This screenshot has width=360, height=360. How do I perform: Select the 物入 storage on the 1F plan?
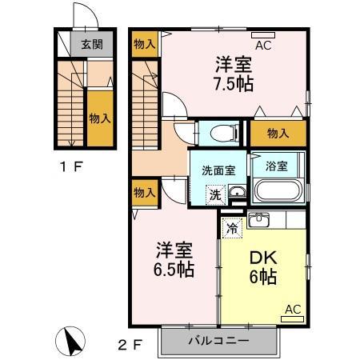point(99,118)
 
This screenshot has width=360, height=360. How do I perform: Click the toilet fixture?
point(218,130)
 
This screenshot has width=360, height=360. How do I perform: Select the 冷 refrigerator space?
point(231,226)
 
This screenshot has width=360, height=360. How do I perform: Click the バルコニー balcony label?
point(218,340)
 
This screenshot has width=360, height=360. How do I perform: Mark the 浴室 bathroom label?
point(277,166)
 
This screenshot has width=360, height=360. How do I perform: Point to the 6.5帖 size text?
point(174,270)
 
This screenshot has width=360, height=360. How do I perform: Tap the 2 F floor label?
point(130,345)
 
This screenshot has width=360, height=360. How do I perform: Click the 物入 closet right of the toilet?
point(278,134)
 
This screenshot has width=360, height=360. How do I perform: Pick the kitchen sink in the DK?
point(258,219)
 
